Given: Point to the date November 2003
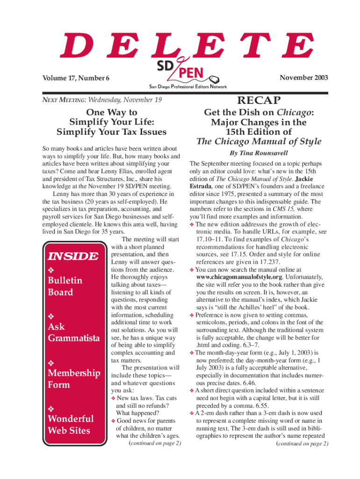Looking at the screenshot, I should tap(303, 77).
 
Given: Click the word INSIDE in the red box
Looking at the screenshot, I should tap(72, 256).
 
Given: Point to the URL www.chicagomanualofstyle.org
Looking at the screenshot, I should tap(234, 276).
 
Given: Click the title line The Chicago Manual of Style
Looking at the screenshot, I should tap(259, 142).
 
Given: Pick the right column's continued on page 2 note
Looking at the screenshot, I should tap(302, 443).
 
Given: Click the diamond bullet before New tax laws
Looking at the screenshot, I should tap(113, 398).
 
